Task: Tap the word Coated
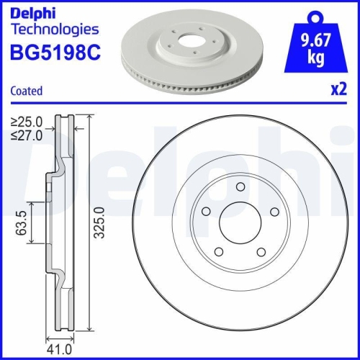tap(26, 91)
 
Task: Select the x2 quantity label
tap(338, 91)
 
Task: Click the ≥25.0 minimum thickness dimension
tap(27, 122)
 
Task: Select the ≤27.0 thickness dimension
tap(27, 135)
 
